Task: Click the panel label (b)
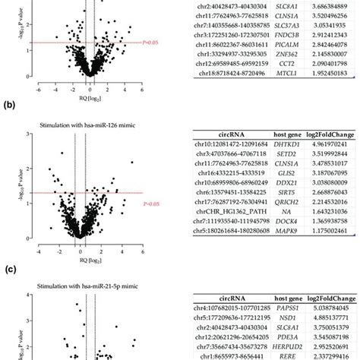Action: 8,106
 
